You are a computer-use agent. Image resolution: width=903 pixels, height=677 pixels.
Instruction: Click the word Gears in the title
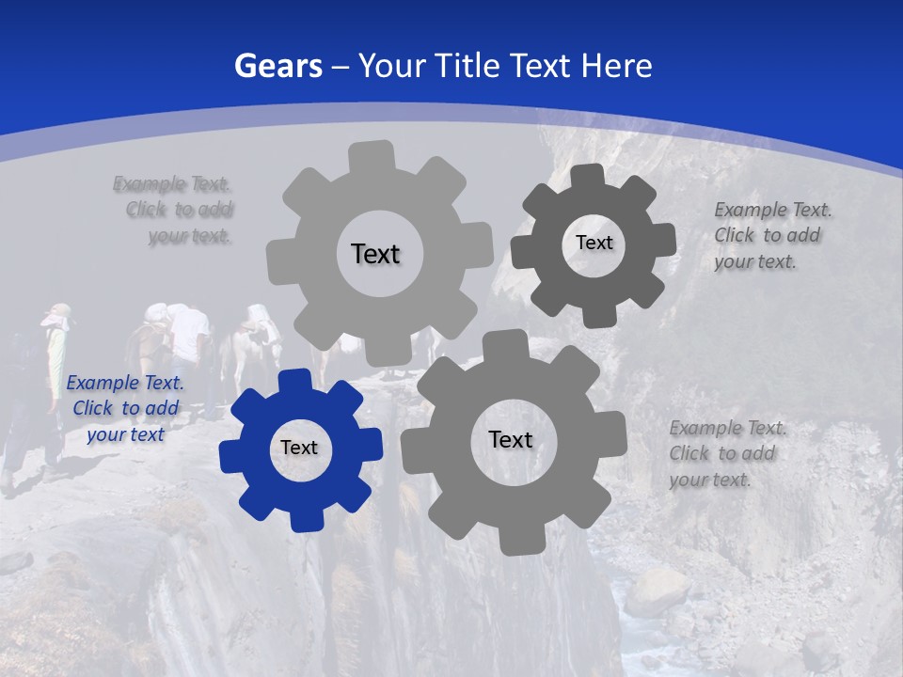point(278,66)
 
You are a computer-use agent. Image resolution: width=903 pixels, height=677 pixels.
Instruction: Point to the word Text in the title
point(543,66)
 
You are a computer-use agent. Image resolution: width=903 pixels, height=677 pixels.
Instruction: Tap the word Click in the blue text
point(93,408)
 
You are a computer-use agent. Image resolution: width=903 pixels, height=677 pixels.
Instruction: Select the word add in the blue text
point(162,408)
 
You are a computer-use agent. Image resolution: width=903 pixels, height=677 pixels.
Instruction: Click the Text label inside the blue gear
point(299,449)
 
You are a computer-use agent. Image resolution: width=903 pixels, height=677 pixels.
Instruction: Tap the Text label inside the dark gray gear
point(594,243)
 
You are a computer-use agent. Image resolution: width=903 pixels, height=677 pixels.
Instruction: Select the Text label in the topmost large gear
point(375,254)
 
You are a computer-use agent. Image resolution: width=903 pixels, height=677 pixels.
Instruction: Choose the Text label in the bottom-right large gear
point(511,439)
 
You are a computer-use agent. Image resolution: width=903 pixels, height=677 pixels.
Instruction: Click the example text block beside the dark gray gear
point(767,235)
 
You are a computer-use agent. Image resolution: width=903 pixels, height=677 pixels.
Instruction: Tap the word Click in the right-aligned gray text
point(147,210)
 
